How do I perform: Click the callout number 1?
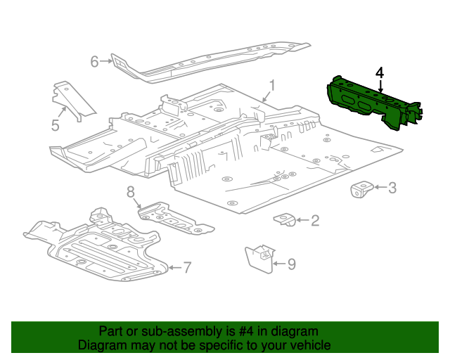click(x=272, y=85)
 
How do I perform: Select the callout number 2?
click(x=315, y=220)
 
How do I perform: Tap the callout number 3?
click(x=392, y=188)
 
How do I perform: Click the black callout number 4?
click(x=380, y=73)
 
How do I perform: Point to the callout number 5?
click(x=55, y=125)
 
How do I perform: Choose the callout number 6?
click(x=95, y=61)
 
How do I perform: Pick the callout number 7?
click(x=187, y=268)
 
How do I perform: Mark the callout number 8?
click(x=131, y=192)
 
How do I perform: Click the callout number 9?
click(x=292, y=264)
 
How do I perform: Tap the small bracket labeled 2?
click(x=284, y=219)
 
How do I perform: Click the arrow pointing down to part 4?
click(x=380, y=86)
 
